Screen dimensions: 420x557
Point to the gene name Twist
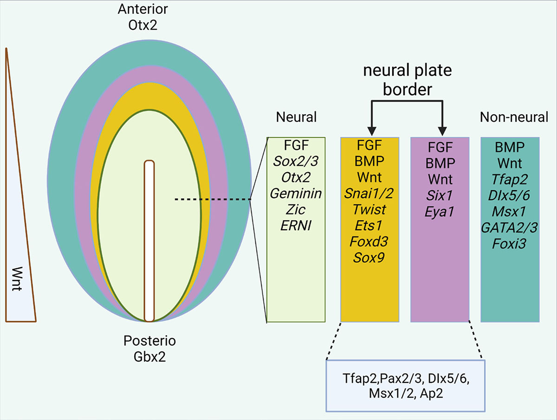[x=370, y=209]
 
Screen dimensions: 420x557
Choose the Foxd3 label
[x=370, y=242]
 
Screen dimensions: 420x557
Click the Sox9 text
[x=370, y=258]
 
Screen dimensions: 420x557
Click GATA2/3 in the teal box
[x=510, y=226]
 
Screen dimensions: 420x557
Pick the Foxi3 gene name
[x=510, y=242]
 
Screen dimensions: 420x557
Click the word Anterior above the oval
[x=142, y=9]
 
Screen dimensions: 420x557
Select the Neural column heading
[x=296, y=117]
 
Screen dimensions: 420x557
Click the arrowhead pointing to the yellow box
[x=370, y=129]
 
